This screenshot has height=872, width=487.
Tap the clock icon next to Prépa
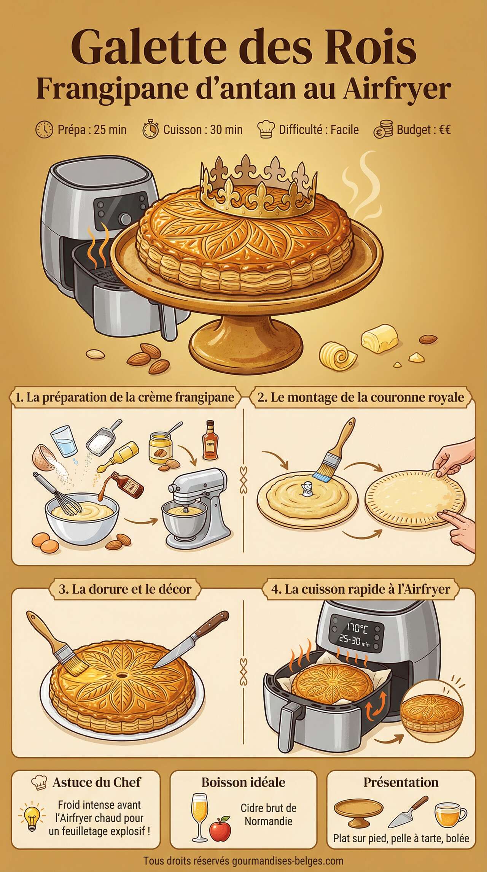(44, 130)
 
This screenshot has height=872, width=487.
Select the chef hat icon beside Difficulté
(266, 130)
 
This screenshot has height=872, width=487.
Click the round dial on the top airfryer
(125, 219)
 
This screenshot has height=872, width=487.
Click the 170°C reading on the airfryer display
(356, 629)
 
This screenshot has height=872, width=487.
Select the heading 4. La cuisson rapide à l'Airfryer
(361, 589)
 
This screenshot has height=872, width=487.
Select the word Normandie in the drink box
(268, 821)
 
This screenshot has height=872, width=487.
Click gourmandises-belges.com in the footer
(287, 861)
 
